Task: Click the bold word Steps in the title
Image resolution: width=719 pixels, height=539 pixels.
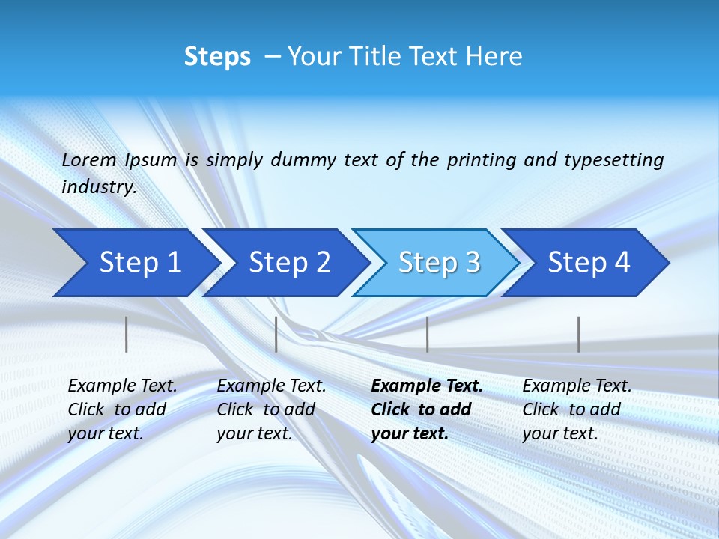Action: [x=217, y=57]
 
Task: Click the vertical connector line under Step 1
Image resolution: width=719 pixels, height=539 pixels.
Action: [x=127, y=334]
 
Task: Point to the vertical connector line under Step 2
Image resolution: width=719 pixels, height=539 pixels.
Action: [x=276, y=334]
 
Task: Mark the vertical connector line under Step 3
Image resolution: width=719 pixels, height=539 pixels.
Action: [x=428, y=334]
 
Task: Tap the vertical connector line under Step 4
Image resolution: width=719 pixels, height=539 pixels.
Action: [x=579, y=334]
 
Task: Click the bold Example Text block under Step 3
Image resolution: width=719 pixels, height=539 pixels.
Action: [x=427, y=409]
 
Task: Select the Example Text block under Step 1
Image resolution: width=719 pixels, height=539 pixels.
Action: [x=122, y=409]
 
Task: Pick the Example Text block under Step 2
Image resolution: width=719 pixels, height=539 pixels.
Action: [x=271, y=409]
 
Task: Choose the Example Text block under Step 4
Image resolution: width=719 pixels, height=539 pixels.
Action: [x=577, y=409]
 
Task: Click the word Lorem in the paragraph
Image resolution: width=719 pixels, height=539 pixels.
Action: [x=89, y=160]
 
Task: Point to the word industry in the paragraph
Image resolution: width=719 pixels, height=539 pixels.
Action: [x=98, y=187]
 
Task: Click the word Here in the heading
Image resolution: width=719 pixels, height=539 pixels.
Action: [x=494, y=57]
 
